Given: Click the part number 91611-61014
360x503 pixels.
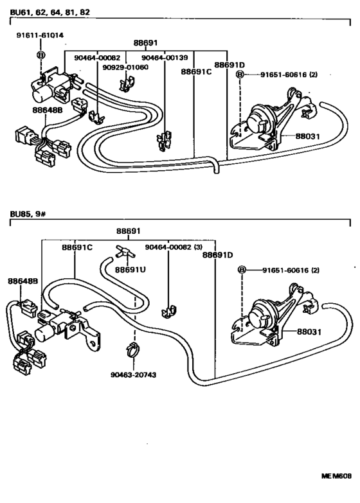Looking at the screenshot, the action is pos(40,35).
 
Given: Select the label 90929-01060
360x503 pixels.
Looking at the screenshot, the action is pos(125,67).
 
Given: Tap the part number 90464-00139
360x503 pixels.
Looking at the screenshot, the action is pos(165,58).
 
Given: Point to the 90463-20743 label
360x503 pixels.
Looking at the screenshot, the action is pos(133,375).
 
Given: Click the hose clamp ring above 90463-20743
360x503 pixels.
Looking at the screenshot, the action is pos(134,349).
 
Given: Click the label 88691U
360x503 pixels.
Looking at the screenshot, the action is pos(130,269).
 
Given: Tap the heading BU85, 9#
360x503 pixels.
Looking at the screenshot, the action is pos(28,214).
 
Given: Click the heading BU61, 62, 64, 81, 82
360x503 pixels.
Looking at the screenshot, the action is pos(50,12).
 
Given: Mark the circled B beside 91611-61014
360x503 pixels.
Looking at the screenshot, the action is pos(40,55).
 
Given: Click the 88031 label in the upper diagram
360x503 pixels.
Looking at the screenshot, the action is pos(308,136).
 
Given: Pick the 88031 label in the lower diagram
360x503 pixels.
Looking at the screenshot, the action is pos(309,331).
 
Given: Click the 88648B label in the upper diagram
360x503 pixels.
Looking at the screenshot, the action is pos(47,110).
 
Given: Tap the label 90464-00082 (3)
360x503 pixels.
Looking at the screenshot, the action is pos(174,247).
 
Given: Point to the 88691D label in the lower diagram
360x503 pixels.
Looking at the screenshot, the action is pos(217,255).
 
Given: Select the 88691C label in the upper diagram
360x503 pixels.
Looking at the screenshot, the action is pos(196,71).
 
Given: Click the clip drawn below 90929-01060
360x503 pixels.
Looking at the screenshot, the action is pos(127,84).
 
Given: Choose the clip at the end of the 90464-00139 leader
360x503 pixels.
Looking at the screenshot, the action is pos(165,141).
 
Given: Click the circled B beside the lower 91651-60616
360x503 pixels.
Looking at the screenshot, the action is pos(242,270).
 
